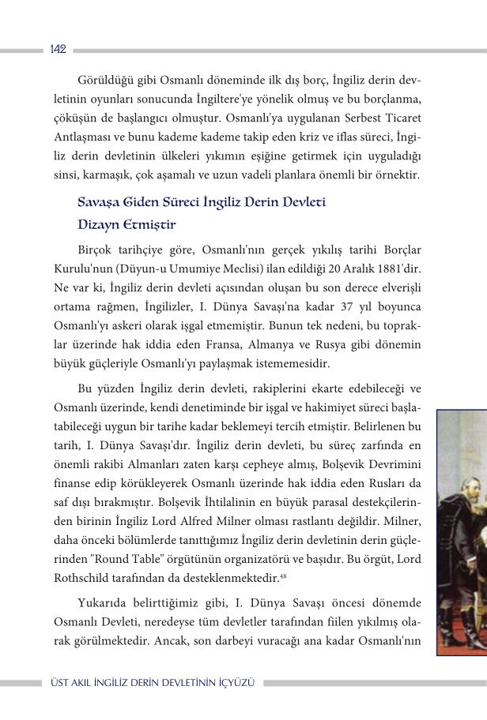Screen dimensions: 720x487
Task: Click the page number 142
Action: (57, 49)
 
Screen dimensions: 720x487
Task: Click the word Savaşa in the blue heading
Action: (100, 203)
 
